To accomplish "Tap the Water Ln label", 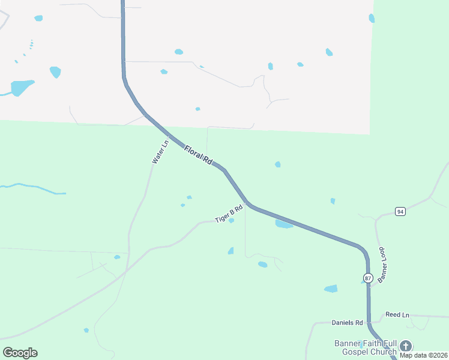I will click(159, 152).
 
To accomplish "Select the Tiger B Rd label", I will click(229, 214).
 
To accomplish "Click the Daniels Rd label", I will click(348, 323).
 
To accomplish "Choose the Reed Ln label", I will click(397, 315).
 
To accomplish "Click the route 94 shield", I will click(400, 211).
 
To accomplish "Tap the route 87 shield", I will click(368, 278).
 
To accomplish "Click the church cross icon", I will click(406, 346).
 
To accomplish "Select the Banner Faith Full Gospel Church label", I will click(366, 347).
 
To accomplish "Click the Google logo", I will click(20, 352).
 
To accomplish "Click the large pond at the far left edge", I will click(22, 88).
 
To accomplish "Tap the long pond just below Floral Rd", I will click(283, 224).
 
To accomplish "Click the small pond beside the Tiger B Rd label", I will click(231, 220).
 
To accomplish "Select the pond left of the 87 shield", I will click(331, 289).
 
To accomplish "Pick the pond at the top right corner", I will click(372, 19).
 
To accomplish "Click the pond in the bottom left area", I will click(86, 330).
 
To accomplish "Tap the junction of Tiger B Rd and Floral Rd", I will click(247, 202).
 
